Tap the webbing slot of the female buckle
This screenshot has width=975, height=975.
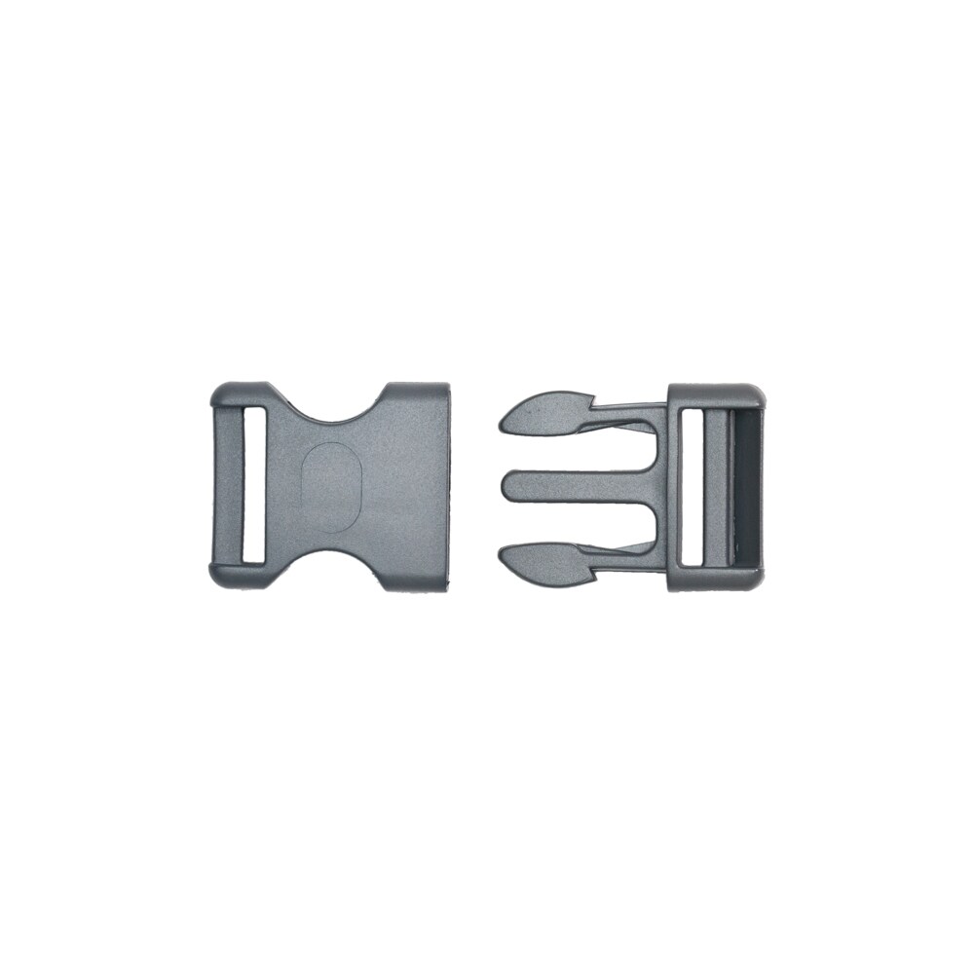pos(253,485)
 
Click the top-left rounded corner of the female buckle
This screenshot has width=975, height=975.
pos(221,392)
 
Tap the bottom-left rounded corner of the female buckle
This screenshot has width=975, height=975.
pos(221,580)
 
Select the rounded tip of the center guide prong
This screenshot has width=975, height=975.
pos(504,486)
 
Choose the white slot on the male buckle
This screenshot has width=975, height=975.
pos(695,486)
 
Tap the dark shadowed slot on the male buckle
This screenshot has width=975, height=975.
pos(746,486)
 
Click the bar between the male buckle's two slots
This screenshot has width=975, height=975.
pos(721,486)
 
